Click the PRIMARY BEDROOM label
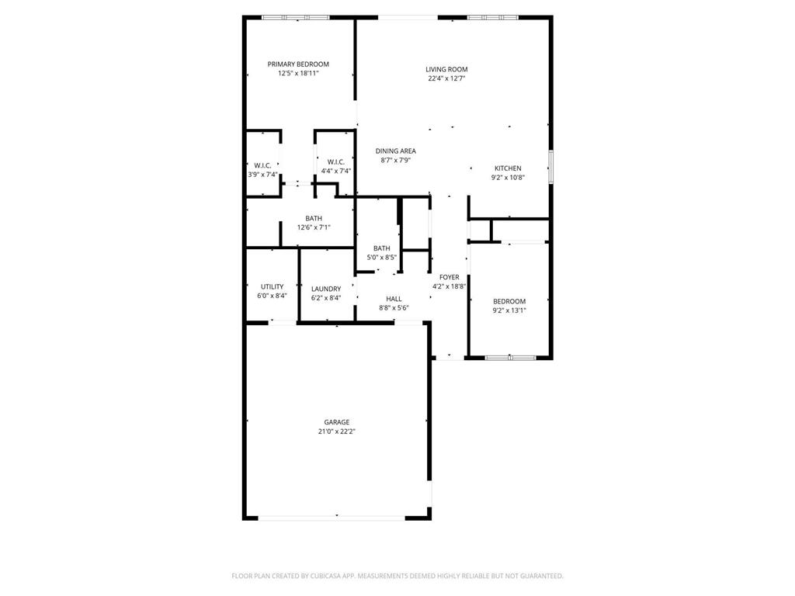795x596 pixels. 298,64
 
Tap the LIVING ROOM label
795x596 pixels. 446,69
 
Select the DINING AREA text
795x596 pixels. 396,151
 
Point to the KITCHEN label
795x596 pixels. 508,168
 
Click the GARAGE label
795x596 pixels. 336,422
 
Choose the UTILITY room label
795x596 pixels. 272,286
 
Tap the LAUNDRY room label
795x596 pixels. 326,289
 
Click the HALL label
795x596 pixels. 394,299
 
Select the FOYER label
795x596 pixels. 449,277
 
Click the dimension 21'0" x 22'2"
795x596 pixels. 336,431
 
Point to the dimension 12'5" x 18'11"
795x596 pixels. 298,74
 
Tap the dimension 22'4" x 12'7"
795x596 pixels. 446,78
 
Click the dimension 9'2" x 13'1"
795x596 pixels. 509,310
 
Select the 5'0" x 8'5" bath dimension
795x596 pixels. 381,258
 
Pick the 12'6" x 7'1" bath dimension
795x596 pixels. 314,227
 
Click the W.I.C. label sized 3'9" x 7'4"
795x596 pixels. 262,165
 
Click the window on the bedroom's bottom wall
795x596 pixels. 510,357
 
